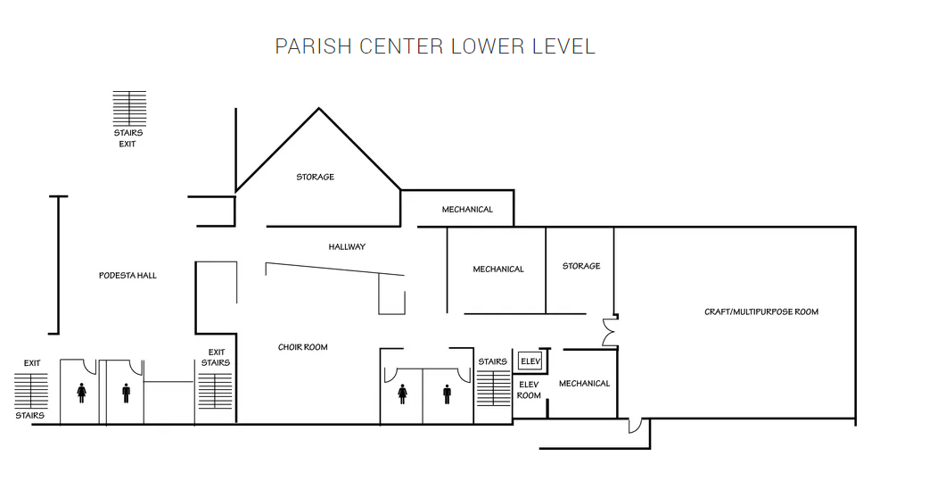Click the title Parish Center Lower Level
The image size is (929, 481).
pyautogui.click(x=435, y=46)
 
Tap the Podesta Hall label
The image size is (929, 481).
pyautogui.click(x=128, y=275)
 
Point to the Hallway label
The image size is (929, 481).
pyautogui.click(x=347, y=246)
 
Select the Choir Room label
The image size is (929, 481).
pyautogui.click(x=303, y=347)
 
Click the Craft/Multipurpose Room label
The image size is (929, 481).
pyautogui.click(x=761, y=311)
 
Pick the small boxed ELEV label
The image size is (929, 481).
pyautogui.click(x=530, y=361)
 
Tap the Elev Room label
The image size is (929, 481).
pyautogui.click(x=529, y=390)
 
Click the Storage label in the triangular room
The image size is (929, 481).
pyautogui.click(x=316, y=177)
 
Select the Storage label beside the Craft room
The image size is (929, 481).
pyautogui.click(x=581, y=266)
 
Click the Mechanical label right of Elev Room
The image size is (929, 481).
pyautogui.click(x=584, y=383)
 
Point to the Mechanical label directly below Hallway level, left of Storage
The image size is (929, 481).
pyautogui.click(x=498, y=269)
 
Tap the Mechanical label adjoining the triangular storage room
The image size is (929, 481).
pyautogui.click(x=467, y=210)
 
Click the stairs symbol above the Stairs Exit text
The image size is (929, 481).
pyautogui.click(x=129, y=108)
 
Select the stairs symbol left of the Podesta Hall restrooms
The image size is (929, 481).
pyautogui.click(x=31, y=390)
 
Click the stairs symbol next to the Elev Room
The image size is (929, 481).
pyautogui.click(x=494, y=388)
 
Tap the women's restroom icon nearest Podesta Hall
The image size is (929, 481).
pyautogui.click(x=81, y=393)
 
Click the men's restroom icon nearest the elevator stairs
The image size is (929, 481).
pyautogui.click(x=447, y=394)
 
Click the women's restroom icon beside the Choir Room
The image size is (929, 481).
pyautogui.click(x=402, y=394)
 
